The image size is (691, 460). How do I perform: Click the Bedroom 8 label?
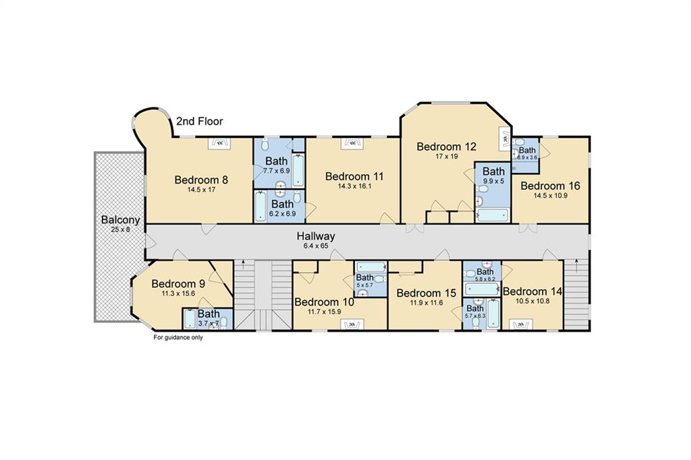click(x=201, y=180)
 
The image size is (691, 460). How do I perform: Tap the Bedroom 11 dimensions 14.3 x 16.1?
click(x=354, y=186)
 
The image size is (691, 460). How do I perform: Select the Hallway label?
click(x=316, y=236)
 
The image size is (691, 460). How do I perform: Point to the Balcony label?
click(x=120, y=220)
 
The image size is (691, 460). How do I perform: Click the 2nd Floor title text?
click(x=200, y=122)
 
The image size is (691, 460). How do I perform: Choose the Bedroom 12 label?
click(x=447, y=147)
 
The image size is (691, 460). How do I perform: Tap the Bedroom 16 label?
click(x=551, y=186)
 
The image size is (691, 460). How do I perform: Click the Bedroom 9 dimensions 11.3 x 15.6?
click(x=179, y=293)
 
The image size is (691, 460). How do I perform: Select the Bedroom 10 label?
click(x=324, y=302)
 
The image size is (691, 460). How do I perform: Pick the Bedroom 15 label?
click(x=426, y=293)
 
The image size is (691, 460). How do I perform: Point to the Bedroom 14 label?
click(x=532, y=292)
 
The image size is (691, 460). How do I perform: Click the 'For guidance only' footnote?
click(x=178, y=338)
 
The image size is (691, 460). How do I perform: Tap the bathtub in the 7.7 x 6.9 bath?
click(x=298, y=170)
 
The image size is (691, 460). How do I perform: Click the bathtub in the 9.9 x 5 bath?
click(x=493, y=215)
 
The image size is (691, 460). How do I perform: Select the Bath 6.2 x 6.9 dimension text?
click(x=283, y=214)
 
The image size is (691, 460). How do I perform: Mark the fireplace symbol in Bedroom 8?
click(x=219, y=143)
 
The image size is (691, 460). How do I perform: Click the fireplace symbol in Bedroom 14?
click(x=520, y=325)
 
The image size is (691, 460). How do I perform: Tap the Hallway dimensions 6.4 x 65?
click(x=316, y=246)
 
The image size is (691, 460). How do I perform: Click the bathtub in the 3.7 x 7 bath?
click(x=190, y=319)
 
